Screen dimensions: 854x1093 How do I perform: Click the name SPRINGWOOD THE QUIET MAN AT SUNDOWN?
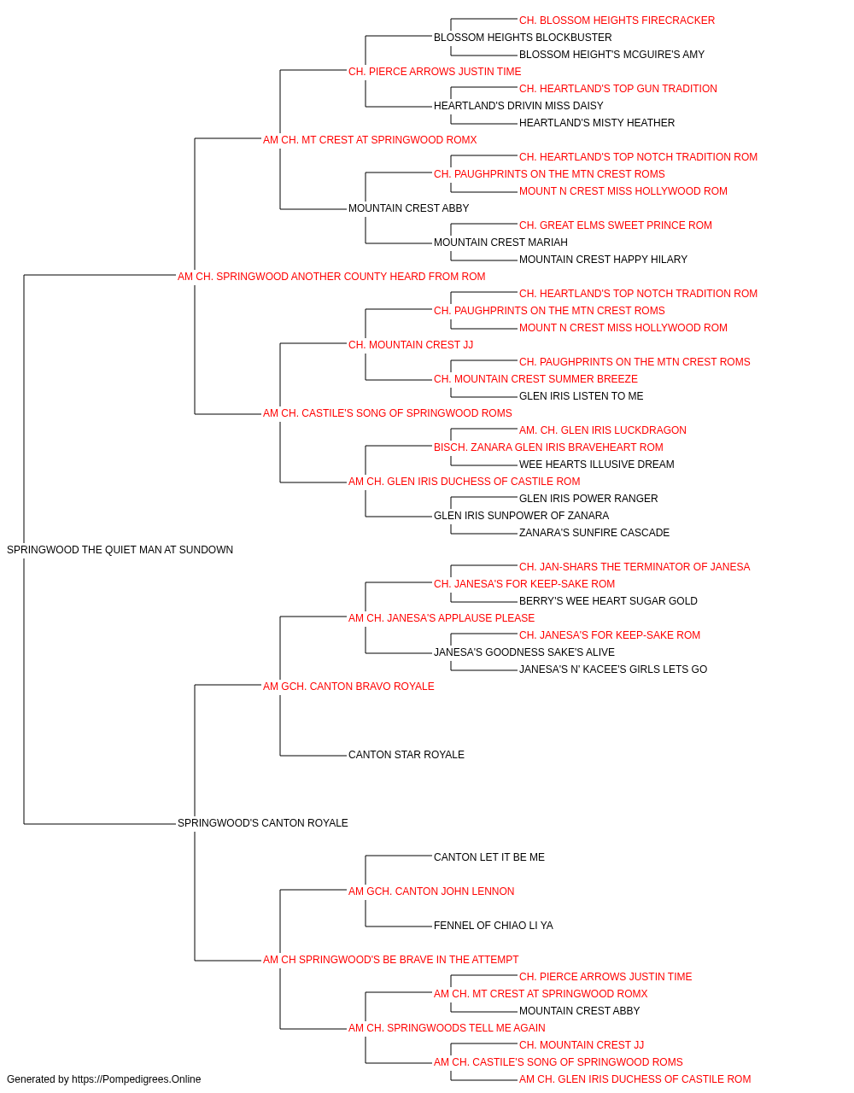click(x=120, y=550)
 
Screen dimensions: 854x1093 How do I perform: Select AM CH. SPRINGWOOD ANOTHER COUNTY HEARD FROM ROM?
click(x=331, y=277)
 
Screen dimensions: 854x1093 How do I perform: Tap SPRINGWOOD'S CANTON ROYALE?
click(x=262, y=823)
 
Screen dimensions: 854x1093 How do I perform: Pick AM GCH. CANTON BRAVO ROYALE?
click(x=348, y=687)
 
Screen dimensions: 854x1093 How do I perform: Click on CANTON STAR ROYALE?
click(x=407, y=755)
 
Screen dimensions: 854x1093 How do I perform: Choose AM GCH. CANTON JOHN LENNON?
click(x=431, y=891)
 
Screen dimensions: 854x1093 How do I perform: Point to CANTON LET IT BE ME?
click(x=489, y=857)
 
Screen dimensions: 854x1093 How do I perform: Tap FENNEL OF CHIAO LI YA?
click(x=494, y=926)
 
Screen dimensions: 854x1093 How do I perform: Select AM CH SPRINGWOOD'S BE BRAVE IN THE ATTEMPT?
click(x=391, y=960)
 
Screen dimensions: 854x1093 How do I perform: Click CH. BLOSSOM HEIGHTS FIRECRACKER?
click(x=617, y=20)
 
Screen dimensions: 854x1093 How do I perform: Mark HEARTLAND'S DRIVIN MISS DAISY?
click(x=518, y=106)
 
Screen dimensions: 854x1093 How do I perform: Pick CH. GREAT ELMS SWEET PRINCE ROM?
click(x=616, y=225)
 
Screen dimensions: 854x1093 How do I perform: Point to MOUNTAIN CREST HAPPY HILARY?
click(x=603, y=260)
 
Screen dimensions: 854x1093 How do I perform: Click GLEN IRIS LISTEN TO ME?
click(x=582, y=396)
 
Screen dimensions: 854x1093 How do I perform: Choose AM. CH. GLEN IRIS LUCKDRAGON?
click(x=603, y=430)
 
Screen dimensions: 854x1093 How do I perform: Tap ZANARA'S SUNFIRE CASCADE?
click(x=594, y=533)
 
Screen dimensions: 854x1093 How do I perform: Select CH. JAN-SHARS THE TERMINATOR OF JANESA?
click(x=635, y=567)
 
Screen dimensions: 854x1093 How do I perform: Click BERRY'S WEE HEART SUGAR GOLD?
click(x=609, y=601)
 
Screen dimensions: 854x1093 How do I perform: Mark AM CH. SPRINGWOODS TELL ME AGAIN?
click(x=447, y=1027)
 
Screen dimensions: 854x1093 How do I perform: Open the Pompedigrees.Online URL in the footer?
click(x=137, y=1079)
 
